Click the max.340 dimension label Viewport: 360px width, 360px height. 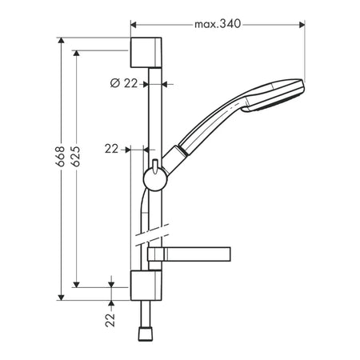coord(218,24)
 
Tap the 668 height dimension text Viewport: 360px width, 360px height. coord(61,156)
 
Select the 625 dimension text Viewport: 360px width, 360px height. coord(76,156)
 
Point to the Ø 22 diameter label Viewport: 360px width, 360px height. coord(124,83)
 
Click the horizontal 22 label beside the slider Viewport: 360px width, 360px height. coord(111,149)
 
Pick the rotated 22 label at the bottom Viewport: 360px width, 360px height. coord(110,320)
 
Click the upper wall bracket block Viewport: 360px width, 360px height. coord(146,53)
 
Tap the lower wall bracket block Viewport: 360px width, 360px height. coord(146,286)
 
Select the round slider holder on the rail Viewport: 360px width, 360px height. coord(155,179)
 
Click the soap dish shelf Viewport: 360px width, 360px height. coord(189,254)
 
